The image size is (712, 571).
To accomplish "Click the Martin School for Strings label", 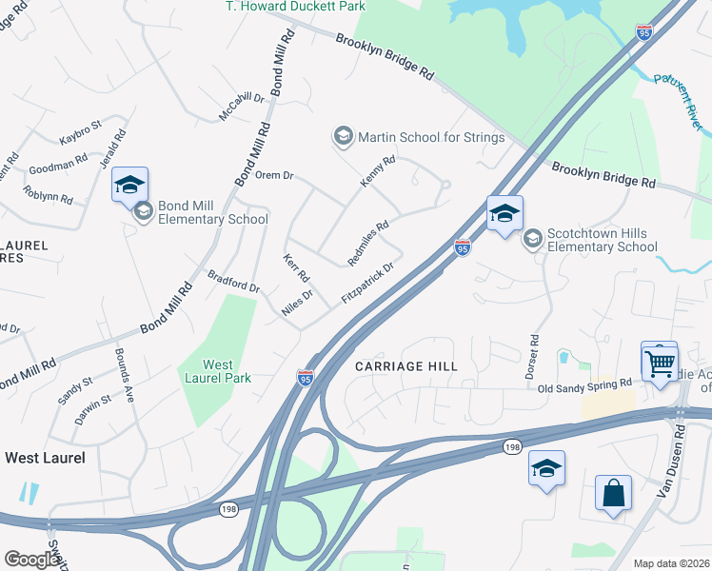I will [430, 137].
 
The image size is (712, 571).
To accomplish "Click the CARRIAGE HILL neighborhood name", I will [406, 366].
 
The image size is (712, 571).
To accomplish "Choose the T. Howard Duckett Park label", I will [295, 7].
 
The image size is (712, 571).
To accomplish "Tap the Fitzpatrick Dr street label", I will [367, 284].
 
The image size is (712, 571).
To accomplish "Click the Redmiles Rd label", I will [368, 243].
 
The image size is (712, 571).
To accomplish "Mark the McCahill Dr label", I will [241, 106].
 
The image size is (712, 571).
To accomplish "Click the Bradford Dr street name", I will [233, 281].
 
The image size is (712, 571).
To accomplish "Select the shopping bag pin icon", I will [614, 494].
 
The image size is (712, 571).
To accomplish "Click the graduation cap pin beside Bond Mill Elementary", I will [129, 185].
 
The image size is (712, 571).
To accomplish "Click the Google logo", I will [31, 560].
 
